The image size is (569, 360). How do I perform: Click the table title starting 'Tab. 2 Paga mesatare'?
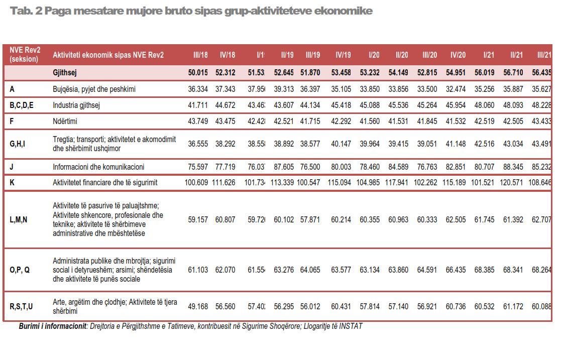point(191,11)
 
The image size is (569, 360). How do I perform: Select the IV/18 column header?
point(227,55)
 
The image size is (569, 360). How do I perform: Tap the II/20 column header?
point(402,55)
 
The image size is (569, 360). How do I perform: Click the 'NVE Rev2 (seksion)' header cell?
point(25,55)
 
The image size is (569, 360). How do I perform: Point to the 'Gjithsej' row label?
point(65,72)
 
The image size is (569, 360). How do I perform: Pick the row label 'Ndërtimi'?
point(65,121)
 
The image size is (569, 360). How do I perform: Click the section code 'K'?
point(12,182)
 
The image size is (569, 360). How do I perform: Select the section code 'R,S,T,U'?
point(21,306)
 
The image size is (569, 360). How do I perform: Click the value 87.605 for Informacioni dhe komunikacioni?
point(284,166)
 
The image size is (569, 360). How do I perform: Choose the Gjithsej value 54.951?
point(456,72)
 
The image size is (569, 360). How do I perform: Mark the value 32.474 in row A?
point(456,89)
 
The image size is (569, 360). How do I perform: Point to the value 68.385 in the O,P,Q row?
point(485,270)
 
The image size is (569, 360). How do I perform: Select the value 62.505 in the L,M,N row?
point(456,219)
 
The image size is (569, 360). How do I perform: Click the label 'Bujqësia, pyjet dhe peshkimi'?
point(94,89)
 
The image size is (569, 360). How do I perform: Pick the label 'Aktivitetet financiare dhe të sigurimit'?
point(105,182)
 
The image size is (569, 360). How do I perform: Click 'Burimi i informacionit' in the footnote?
point(53,326)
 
